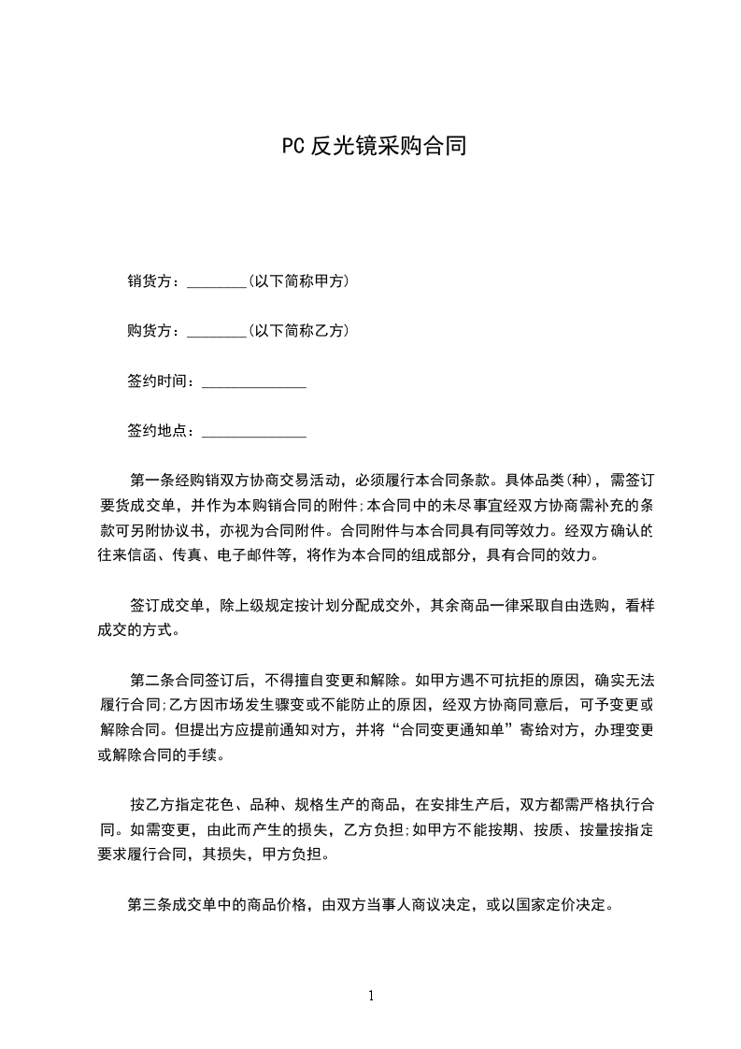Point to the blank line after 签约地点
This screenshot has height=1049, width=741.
coord(254,432)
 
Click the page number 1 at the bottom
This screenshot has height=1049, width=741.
coord(371,996)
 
